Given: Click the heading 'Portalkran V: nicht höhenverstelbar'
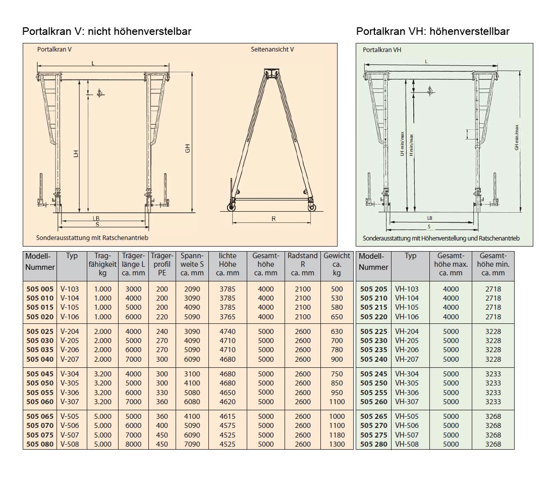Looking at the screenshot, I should tap(107, 31).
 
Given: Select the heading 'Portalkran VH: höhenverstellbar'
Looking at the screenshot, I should tap(432, 31).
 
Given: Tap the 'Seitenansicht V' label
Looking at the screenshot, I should tap(272, 50).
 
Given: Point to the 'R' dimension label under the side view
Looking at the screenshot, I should tap(273, 219).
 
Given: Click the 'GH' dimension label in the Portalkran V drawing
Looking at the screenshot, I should tap(188, 149).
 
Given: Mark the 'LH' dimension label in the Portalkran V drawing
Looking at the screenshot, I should tap(76, 153).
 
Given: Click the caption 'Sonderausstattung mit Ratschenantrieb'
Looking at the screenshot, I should tap(92, 237).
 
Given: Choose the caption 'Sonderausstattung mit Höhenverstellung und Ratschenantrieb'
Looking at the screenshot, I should tap(441, 238).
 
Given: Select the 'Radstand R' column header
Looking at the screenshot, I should tap(303, 264).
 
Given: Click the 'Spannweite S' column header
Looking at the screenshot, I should tap(192, 264).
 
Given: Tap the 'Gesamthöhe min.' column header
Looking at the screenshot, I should tap(493, 264).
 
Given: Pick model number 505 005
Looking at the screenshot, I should tap(39, 289).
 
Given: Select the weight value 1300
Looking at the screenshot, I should tap(337, 444).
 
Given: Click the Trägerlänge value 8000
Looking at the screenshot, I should tap(133, 444).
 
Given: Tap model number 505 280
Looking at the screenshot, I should tap(373, 444).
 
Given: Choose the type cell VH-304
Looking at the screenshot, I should tap(407, 374).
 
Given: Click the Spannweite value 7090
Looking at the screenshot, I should tap(192, 444).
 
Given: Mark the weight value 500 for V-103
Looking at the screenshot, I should tap(337, 289).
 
